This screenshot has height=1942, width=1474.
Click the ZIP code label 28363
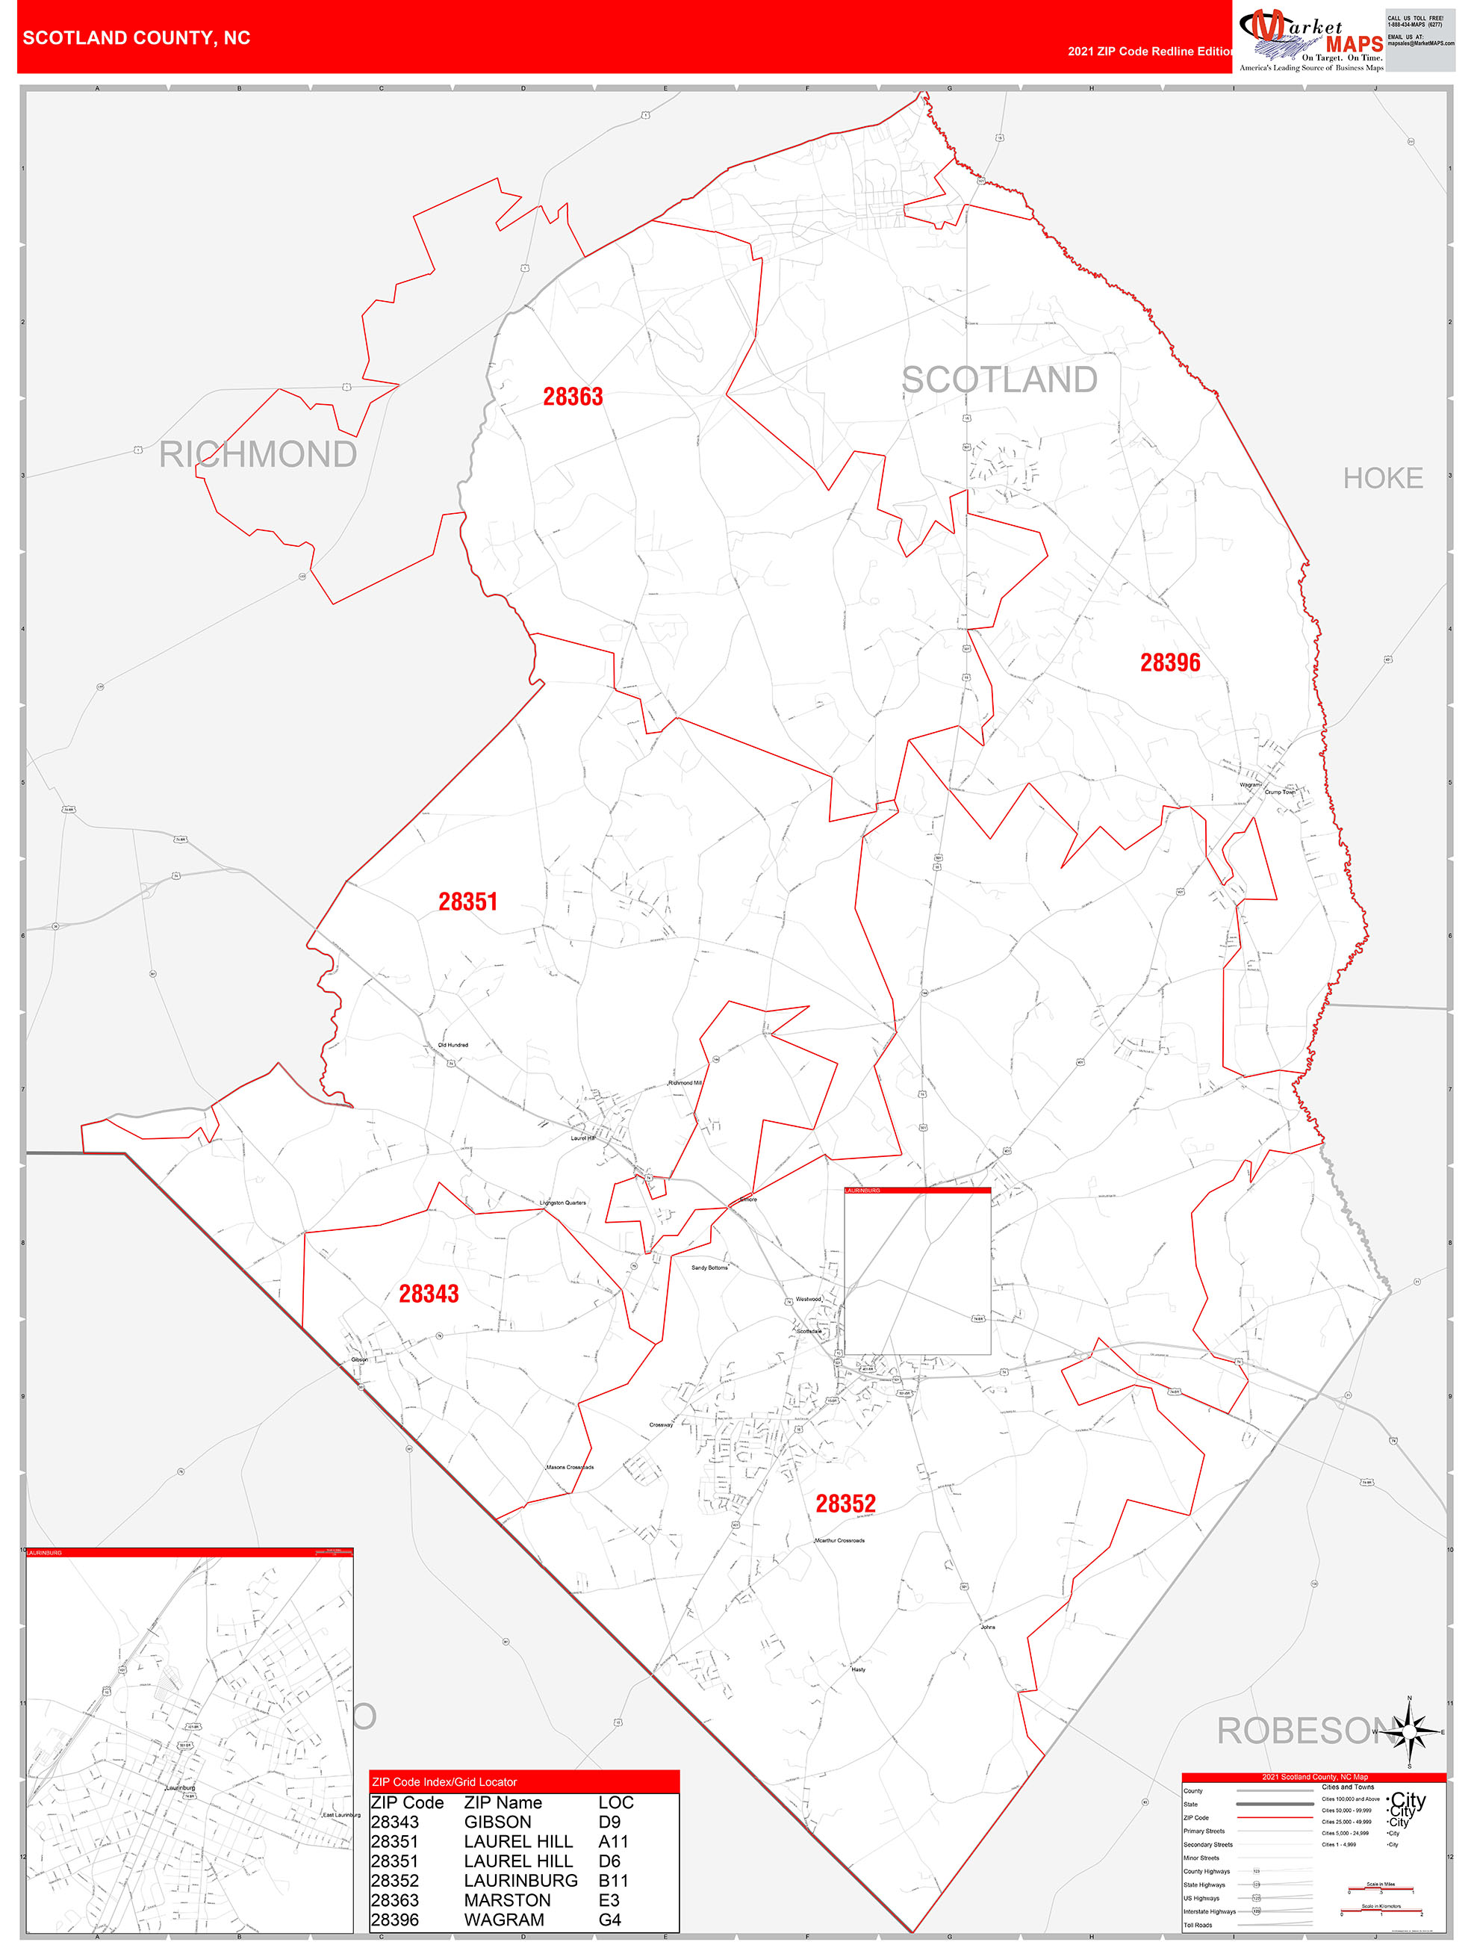[573, 397]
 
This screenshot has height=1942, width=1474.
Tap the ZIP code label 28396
[1169, 663]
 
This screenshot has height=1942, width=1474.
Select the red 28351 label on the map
[468, 902]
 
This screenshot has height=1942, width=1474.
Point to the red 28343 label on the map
[429, 1294]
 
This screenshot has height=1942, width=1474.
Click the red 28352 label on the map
[845, 1504]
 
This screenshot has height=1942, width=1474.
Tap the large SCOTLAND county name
[999, 380]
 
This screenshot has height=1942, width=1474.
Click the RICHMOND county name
[257, 455]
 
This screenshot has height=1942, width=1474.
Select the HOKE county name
[1383, 479]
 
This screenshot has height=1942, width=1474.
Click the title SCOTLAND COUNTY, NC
[137, 38]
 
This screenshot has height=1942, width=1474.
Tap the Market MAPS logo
[1310, 40]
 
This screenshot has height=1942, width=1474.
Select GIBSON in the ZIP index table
[498, 1822]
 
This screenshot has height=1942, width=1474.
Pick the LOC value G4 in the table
[610, 1920]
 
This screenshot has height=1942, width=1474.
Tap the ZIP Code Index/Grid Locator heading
[444, 1781]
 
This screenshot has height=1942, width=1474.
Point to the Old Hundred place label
[453, 1045]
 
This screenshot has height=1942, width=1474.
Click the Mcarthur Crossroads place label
[839, 1540]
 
